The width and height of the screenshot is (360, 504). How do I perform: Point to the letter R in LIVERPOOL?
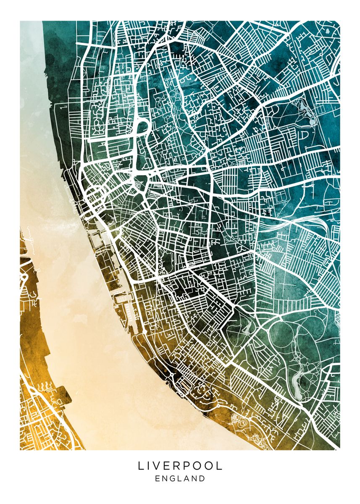(181, 466)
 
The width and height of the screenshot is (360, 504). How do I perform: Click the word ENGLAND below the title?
(180, 478)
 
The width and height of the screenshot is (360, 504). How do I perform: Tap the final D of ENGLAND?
(202, 478)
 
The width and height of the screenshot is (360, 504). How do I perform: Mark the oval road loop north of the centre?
(142, 126)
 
